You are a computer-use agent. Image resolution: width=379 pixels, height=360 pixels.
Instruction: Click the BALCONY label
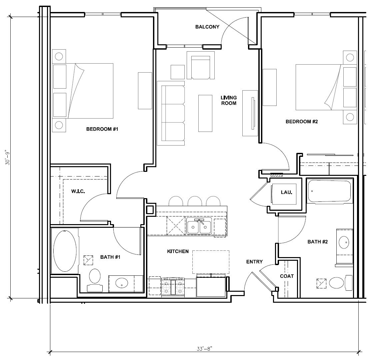(x=207, y=27)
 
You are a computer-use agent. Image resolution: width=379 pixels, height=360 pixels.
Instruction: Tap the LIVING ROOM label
(x=229, y=100)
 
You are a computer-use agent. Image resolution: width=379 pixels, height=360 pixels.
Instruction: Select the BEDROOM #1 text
(x=102, y=129)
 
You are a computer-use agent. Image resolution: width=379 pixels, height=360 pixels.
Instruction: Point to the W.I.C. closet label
(x=78, y=191)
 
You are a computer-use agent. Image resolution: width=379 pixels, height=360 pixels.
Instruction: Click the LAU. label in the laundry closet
(x=286, y=192)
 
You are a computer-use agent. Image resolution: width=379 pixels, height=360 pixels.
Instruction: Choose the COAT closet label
(x=287, y=276)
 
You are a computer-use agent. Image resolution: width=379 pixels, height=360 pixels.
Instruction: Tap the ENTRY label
(x=254, y=262)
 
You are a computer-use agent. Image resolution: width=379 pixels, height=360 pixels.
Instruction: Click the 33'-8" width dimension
(x=204, y=349)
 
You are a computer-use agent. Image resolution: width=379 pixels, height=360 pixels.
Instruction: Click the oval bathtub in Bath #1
(x=65, y=251)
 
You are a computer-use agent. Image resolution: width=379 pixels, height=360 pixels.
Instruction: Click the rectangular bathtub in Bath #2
(x=329, y=191)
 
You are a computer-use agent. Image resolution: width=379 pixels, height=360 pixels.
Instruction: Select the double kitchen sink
(x=199, y=226)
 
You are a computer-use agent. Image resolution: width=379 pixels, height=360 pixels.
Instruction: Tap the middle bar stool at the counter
(x=194, y=201)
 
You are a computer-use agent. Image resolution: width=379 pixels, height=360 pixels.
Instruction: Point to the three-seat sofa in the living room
(x=171, y=113)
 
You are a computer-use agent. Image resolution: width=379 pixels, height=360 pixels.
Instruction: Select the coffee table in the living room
(x=205, y=113)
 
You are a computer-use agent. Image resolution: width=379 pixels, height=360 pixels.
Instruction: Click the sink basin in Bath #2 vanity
(x=344, y=242)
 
